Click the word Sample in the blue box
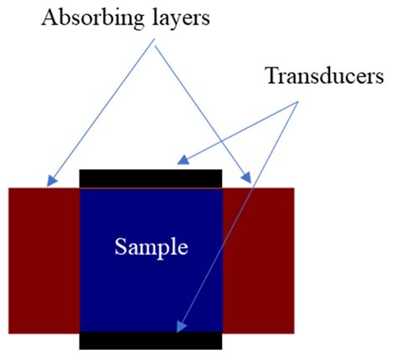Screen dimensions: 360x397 coord(151,247)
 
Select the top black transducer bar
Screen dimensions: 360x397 coord(151,178)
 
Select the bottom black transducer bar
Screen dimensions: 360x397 coord(151,340)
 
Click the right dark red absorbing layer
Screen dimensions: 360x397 coord(258,260)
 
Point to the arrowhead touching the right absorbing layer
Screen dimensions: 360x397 coord(249,179)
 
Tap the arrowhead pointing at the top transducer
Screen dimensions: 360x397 coord(180,159)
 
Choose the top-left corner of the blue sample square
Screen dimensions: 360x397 coord(80,189)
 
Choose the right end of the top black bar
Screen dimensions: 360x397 coord(221,178)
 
